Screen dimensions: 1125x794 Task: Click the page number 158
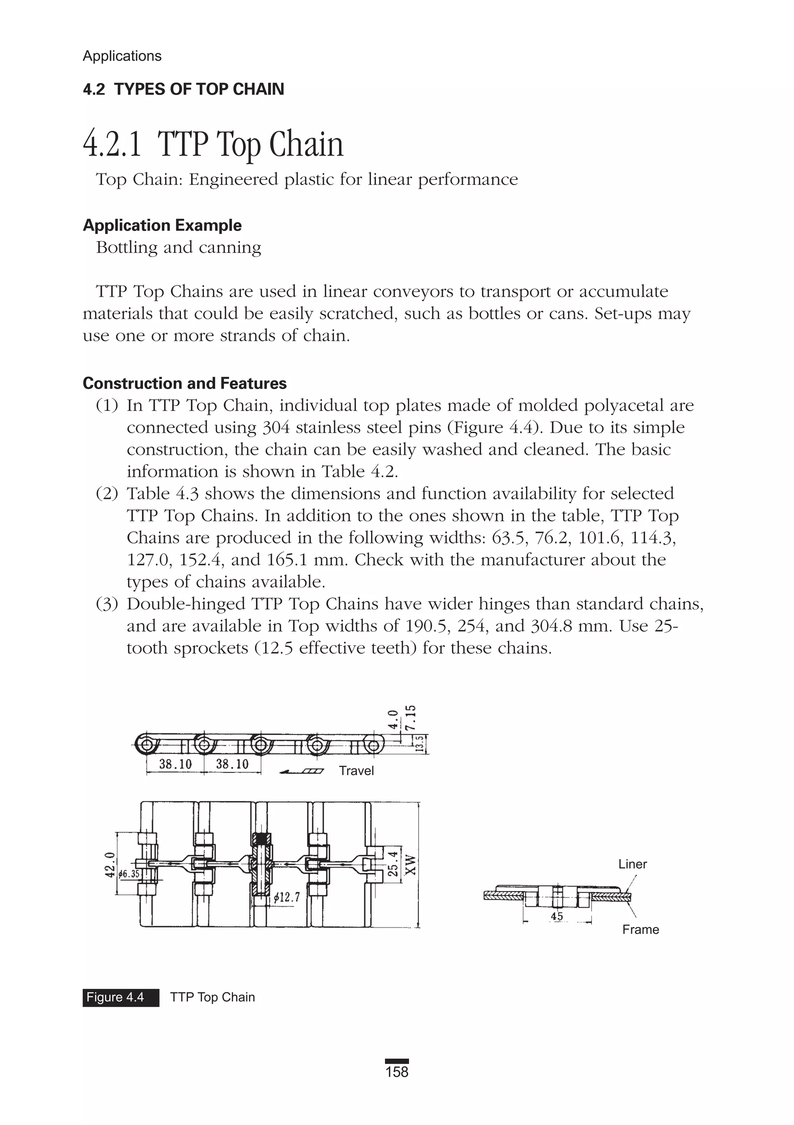397,1072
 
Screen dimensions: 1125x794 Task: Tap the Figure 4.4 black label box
121,997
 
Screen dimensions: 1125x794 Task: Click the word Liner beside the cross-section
632,864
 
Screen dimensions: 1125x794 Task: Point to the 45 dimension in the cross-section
557,916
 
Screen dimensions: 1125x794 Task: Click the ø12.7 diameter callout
286,897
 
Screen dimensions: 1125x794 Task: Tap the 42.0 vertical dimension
110,863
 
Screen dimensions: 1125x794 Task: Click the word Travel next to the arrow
356,771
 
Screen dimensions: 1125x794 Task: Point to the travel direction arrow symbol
301,772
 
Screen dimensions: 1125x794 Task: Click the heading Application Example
162,225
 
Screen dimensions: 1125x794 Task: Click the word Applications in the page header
122,56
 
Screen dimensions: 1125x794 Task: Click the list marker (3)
107,604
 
